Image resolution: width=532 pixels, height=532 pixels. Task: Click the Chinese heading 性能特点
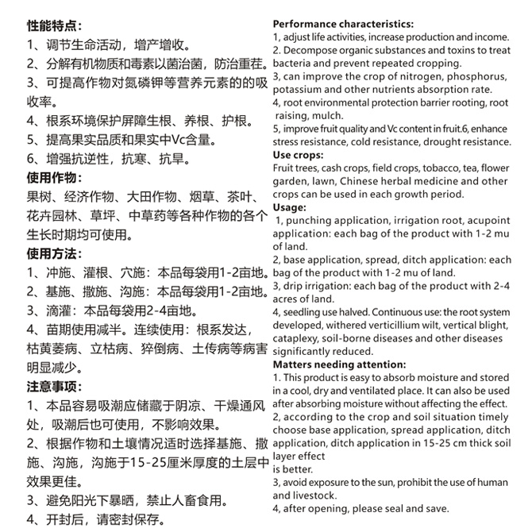click(53, 25)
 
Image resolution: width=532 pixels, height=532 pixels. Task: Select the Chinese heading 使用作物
click(53, 176)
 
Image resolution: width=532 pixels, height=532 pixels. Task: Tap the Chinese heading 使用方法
click(53, 254)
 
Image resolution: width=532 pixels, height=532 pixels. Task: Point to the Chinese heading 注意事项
click(53, 387)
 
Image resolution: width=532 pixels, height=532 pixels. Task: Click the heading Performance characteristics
click(342, 24)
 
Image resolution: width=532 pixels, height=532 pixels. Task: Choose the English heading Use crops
click(298, 156)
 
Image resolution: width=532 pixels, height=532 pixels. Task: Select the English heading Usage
click(289, 207)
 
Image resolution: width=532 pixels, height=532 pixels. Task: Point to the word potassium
click(299, 90)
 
